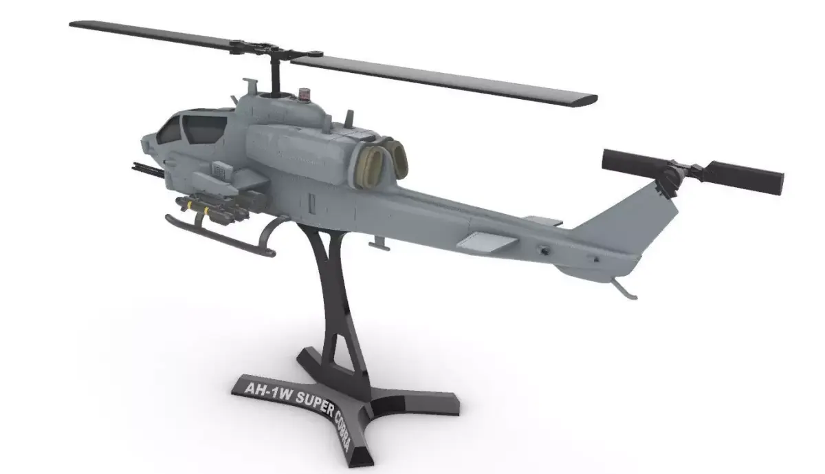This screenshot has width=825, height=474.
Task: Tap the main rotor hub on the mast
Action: tap(275, 50)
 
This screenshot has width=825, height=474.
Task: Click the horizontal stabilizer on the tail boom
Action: tap(487, 240)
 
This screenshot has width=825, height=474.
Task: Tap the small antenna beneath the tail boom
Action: tap(376, 243)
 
